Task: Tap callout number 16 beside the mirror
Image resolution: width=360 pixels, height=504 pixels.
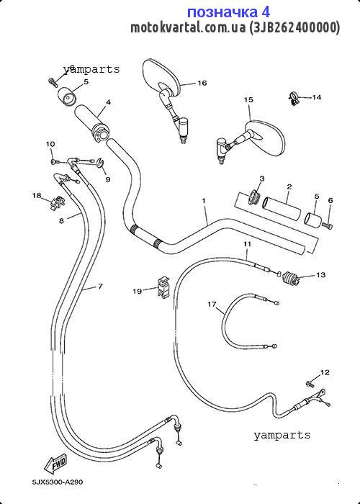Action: coord(202,83)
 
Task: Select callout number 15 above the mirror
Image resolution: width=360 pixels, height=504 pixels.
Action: coord(248,99)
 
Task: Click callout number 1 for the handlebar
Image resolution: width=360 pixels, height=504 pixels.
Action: coord(204,201)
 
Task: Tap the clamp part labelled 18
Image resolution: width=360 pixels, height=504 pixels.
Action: coord(58,204)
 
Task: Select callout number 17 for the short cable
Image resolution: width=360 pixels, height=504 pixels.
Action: coord(212,304)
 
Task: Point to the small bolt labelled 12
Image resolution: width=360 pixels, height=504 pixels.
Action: coord(310,383)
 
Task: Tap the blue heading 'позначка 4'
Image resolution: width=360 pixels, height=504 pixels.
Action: coord(228,12)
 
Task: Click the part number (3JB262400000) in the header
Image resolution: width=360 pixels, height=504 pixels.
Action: coord(294,27)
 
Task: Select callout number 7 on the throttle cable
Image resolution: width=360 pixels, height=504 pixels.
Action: coord(100,286)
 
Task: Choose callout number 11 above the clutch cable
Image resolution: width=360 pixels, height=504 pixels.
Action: coord(247,244)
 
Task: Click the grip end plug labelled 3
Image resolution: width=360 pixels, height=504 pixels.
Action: coord(256,197)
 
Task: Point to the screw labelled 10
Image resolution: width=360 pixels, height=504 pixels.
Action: coord(54,162)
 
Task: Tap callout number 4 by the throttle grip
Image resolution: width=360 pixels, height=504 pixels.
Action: coord(108,102)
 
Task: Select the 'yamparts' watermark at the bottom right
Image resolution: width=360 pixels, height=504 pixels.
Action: coord(282,435)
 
